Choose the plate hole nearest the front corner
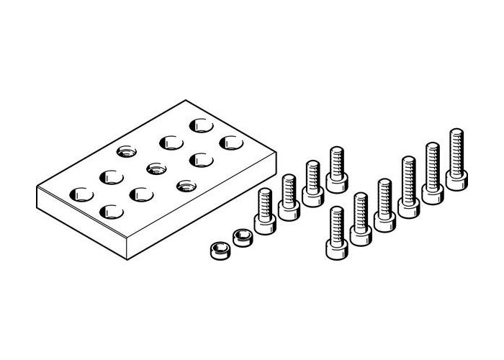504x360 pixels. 112,211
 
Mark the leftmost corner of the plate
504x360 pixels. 36,189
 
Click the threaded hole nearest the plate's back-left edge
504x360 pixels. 126,152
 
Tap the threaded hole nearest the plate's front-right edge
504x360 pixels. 184,185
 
